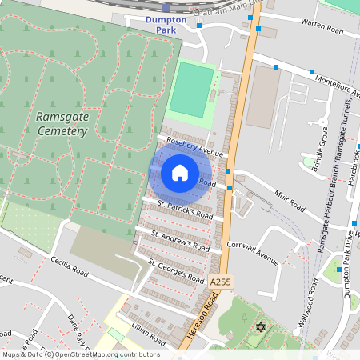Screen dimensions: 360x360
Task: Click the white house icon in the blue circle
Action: click(180, 173)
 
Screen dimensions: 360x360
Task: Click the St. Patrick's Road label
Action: click(185, 210)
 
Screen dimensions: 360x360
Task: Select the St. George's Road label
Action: click(177, 270)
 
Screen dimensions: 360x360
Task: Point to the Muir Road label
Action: click(289, 201)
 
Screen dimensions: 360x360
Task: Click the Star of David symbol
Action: click(258, 328)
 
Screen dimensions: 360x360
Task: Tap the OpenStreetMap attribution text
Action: click(80, 354)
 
